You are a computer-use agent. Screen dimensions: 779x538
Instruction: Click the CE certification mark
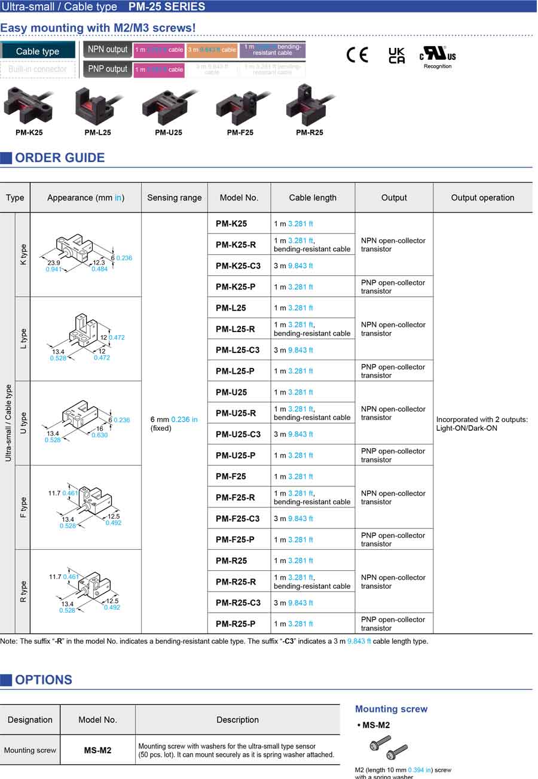(357, 54)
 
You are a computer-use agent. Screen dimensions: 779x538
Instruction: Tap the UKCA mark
(396, 56)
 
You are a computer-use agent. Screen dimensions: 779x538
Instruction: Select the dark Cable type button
(38, 51)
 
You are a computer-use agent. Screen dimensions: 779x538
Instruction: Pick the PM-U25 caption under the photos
(168, 133)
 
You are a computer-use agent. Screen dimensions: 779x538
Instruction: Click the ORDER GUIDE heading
(59, 158)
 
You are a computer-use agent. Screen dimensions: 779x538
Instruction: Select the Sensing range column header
(175, 198)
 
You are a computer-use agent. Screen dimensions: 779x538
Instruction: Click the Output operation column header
(482, 198)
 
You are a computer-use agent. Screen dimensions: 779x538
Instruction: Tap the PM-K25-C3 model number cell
(238, 266)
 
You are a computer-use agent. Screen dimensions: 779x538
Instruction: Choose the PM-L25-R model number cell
(235, 329)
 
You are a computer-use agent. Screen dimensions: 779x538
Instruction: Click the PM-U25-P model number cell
(235, 455)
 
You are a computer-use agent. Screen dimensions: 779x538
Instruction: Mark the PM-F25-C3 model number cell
(238, 519)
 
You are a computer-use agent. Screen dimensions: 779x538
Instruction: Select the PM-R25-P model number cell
(235, 624)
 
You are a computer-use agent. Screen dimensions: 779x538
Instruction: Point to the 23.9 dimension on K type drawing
(53, 263)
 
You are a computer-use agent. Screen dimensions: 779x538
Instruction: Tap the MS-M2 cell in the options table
(97, 750)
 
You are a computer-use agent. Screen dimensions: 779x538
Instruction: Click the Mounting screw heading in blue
(391, 709)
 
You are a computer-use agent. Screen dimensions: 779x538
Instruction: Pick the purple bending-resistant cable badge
(272, 50)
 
